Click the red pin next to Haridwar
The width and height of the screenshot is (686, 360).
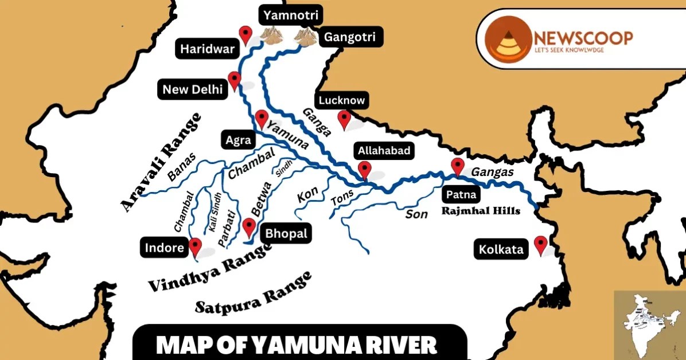coord(246,34)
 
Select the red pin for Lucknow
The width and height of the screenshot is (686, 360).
coord(344,119)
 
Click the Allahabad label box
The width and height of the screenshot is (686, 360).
coord(384,151)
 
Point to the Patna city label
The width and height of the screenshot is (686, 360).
coord(461,195)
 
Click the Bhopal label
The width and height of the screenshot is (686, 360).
coord(286,233)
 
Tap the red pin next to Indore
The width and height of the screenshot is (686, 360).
coord(196,246)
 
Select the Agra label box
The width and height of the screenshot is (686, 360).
coord(237,139)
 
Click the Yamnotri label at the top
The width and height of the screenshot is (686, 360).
coord(291,15)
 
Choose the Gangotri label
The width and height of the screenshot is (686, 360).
coord(350,38)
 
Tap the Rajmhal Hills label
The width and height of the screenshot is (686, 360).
coord(481,211)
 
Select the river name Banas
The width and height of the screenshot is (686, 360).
coord(182,167)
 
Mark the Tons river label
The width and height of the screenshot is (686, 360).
coord(342,198)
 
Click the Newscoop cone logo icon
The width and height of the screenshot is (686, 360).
coord(508,38)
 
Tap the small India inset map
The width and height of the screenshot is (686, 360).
coord(649,324)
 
